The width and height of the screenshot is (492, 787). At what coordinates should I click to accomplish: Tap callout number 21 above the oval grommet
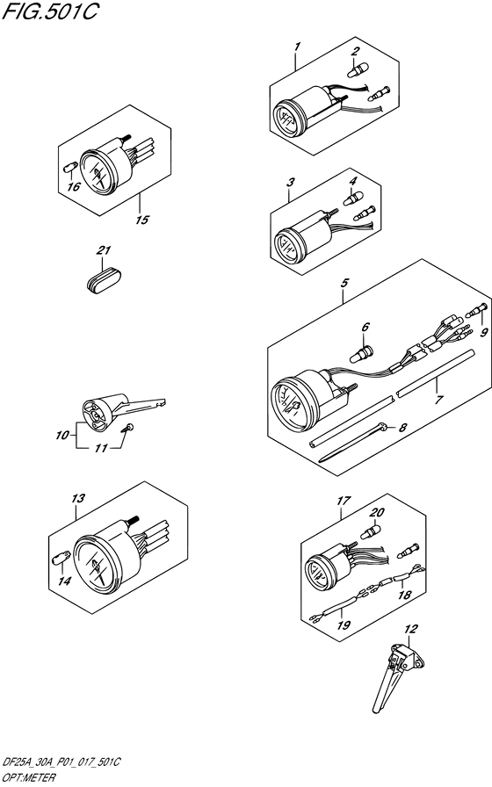click(104, 250)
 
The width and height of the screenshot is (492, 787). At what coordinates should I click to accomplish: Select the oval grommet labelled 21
click(103, 278)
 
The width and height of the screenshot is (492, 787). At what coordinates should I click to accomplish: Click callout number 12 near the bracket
click(411, 628)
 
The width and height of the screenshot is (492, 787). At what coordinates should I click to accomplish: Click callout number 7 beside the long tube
click(438, 400)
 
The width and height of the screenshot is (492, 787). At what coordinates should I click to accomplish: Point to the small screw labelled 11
click(127, 428)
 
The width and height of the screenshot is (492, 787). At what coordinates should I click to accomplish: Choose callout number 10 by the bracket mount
click(62, 435)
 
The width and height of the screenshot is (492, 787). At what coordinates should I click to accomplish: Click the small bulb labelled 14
click(59, 558)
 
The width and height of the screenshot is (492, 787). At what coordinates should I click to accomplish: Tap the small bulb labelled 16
click(70, 167)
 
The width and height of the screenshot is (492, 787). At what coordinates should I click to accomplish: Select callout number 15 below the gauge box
click(142, 220)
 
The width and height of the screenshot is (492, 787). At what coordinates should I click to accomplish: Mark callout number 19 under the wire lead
click(344, 625)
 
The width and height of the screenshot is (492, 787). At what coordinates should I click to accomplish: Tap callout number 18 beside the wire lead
click(405, 596)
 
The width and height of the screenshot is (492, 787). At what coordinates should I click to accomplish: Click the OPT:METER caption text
click(28, 778)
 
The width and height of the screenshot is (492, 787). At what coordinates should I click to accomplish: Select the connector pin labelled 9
click(475, 310)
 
